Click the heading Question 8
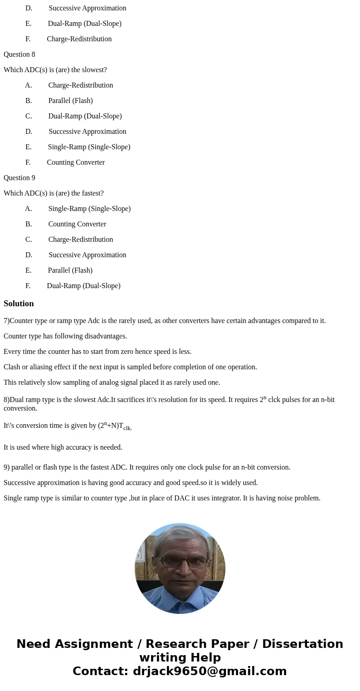[x=19, y=54]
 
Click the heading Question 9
[x=19, y=178]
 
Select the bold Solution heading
[x=19, y=304]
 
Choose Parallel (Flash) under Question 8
[x=70, y=101]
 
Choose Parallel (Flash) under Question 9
[x=70, y=270]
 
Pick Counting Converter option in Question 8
[x=76, y=162]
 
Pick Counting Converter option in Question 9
[x=77, y=224]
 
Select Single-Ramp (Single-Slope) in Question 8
[x=89, y=147]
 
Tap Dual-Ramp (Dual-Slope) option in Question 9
[x=83, y=286]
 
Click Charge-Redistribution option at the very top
[x=79, y=39]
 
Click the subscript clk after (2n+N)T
[x=127, y=428]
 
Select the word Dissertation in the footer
[x=302, y=644]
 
